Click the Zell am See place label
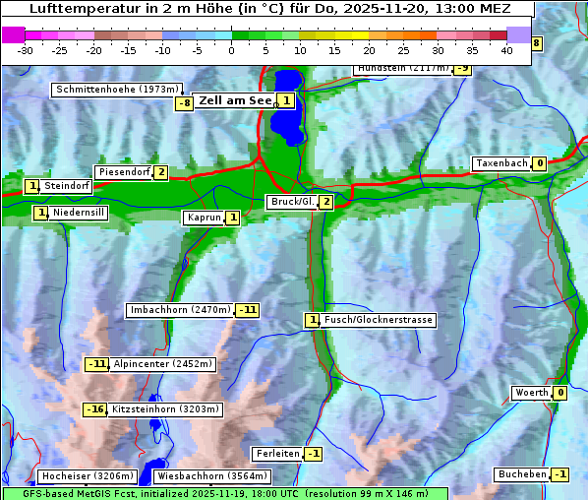click(235, 100)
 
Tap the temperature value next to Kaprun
click(232, 218)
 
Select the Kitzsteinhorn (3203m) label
click(166, 409)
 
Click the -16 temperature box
click(94, 409)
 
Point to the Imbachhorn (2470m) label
click(180, 310)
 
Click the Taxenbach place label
click(501, 163)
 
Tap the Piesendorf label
click(124, 172)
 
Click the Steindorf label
click(68, 186)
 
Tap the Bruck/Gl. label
click(292, 202)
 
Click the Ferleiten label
click(276, 454)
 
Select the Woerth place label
click(532, 393)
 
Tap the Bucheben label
click(522, 474)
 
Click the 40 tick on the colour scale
click(506, 50)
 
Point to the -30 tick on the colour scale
click(26, 50)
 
